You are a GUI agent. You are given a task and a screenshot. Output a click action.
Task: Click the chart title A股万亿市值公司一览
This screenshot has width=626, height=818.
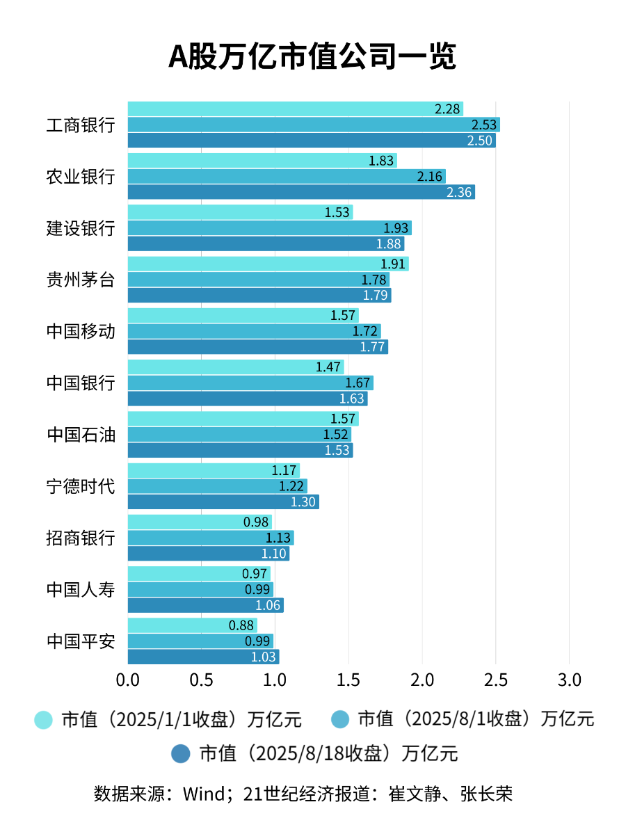click(x=312, y=57)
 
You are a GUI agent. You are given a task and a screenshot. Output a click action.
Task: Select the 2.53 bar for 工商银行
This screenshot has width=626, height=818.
click(x=313, y=125)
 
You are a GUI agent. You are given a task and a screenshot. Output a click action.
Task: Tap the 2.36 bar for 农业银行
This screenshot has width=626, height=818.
click(x=300, y=192)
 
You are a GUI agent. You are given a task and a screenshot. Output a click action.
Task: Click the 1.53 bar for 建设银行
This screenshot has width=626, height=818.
click(x=240, y=212)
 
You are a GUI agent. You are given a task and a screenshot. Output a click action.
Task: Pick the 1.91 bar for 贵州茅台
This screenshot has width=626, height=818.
click(x=268, y=264)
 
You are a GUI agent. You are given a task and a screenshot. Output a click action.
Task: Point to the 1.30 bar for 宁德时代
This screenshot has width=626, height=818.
click(x=223, y=502)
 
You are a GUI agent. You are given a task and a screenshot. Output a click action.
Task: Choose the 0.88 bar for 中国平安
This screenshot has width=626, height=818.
click(x=192, y=625)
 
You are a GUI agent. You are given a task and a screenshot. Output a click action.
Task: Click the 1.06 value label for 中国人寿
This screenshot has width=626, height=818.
click(x=268, y=605)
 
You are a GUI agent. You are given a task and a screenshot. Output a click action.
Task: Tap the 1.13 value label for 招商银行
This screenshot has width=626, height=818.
click(x=278, y=538)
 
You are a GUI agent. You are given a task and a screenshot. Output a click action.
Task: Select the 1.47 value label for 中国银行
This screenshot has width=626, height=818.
click(x=328, y=367)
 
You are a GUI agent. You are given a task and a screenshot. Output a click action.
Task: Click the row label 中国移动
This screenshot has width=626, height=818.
click(x=81, y=331)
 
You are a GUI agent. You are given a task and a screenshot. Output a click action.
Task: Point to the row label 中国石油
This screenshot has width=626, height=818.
click(x=81, y=435)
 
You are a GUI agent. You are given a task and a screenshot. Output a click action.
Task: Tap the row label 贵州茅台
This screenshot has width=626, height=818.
click(x=81, y=280)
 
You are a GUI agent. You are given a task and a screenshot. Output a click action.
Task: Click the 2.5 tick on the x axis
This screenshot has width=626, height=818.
click(x=495, y=680)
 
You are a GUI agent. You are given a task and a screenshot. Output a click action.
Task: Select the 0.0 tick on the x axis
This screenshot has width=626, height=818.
click(x=128, y=680)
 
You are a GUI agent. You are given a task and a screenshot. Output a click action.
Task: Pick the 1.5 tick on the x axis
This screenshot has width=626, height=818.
click(x=348, y=680)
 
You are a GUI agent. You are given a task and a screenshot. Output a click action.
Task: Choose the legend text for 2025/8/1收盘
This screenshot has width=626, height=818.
click(x=476, y=719)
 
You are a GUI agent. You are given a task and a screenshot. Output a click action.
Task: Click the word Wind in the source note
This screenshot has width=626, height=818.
click(x=201, y=794)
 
